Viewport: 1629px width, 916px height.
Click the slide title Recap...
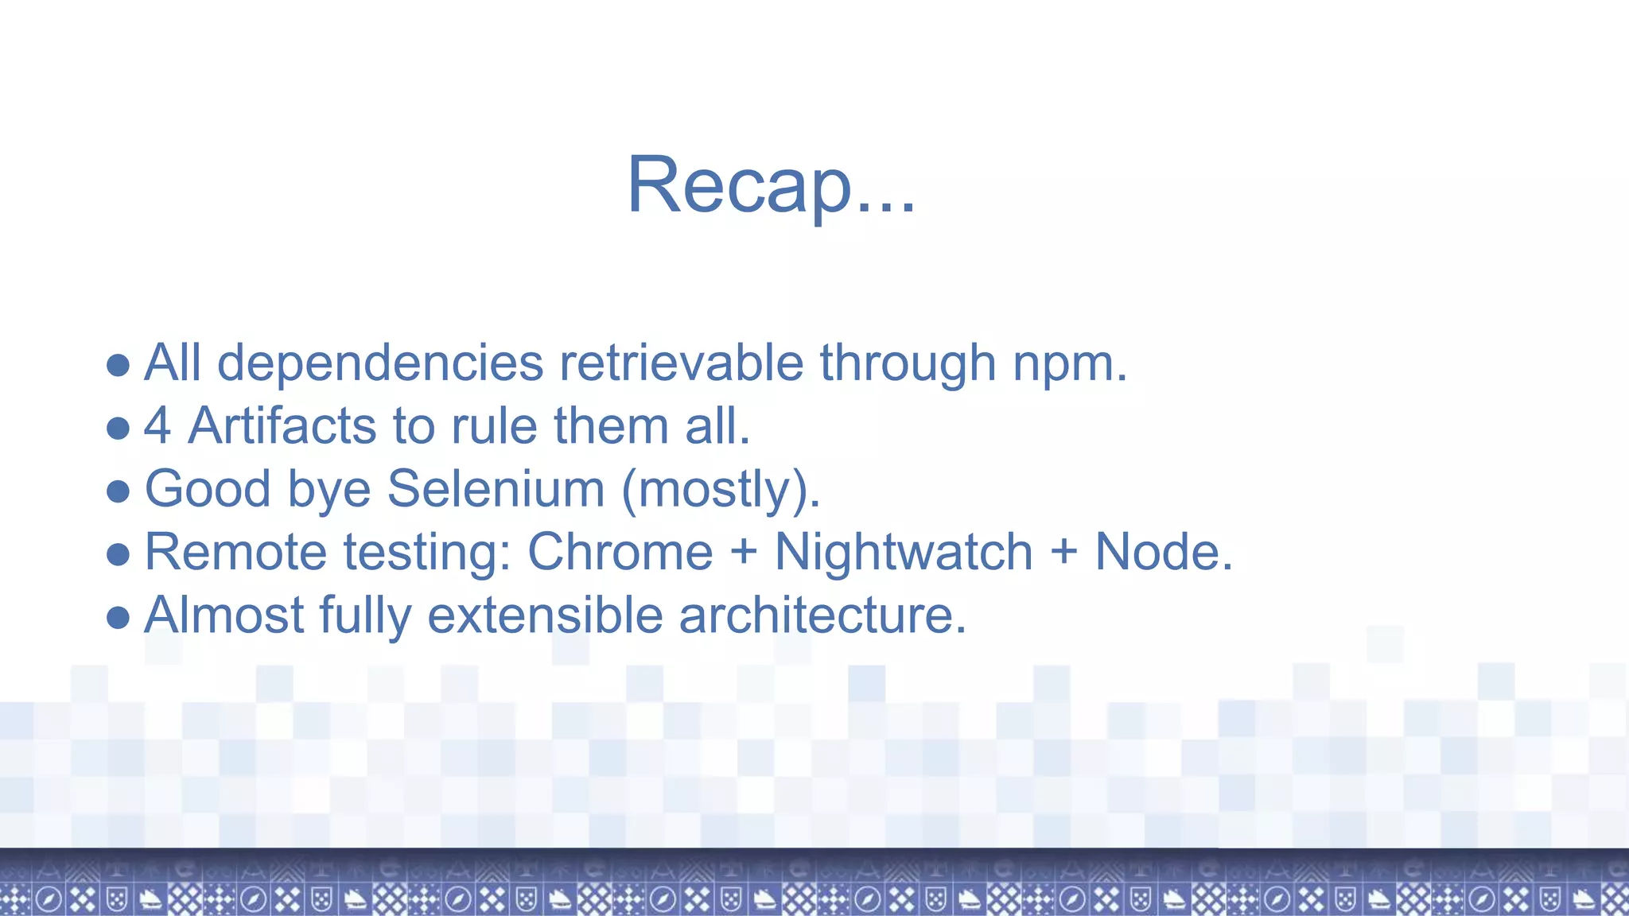pyautogui.click(x=770, y=184)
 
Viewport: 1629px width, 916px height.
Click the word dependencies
pyautogui.click(x=379, y=363)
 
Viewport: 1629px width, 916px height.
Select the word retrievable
pyautogui.click(x=681, y=363)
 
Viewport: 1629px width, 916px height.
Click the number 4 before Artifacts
pyautogui.click(x=157, y=426)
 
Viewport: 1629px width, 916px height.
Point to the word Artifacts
pyautogui.click(x=282, y=426)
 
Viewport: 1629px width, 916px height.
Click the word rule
pyautogui.click(x=494, y=426)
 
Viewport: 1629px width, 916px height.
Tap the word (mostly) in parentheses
pyautogui.click(x=719, y=490)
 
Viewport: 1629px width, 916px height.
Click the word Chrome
pyautogui.click(x=620, y=552)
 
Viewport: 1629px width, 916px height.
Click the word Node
pyautogui.click(x=1163, y=552)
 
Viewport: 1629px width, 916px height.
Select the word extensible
pyautogui.click(x=545, y=615)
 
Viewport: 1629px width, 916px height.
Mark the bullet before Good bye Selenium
pyautogui.click(x=118, y=491)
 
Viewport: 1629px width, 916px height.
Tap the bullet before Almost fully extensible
pyautogui.click(x=118, y=618)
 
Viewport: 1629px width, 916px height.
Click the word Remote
pyautogui.click(x=235, y=552)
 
